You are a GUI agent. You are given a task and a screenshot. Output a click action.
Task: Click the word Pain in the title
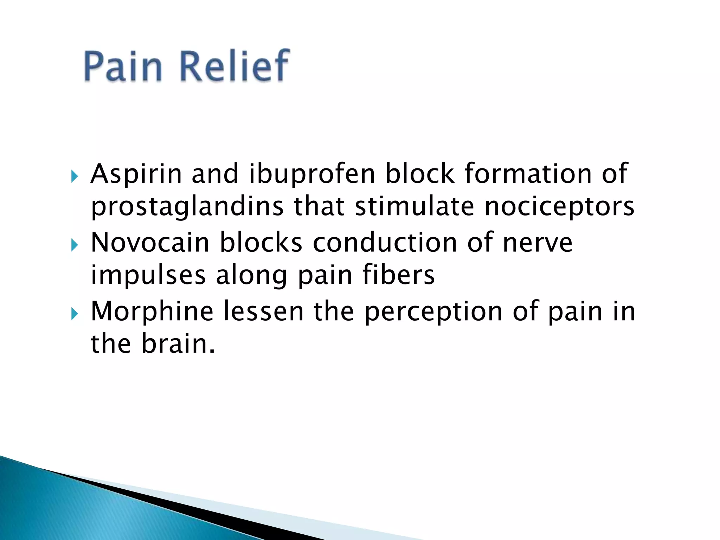pos(123,66)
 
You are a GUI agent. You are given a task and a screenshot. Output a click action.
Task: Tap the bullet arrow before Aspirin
pos(74,176)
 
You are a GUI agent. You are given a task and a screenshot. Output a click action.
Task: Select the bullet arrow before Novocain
pos(74,245)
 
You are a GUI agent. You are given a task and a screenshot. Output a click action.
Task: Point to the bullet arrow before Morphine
pos(74,314)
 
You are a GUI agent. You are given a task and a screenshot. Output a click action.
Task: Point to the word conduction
pos(385,243)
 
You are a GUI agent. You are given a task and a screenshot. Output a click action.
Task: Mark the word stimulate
pos(414,207)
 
